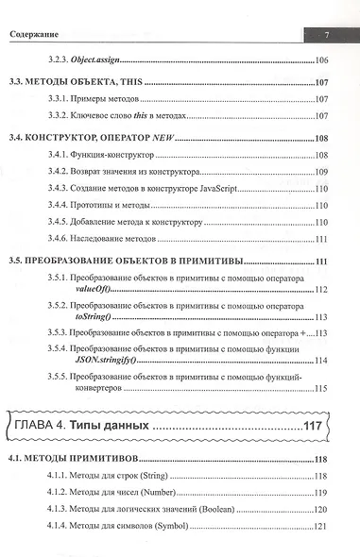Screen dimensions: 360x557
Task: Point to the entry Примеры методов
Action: click(116, 100)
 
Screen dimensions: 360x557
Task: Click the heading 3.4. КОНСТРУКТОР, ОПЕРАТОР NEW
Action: click(91, 139)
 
